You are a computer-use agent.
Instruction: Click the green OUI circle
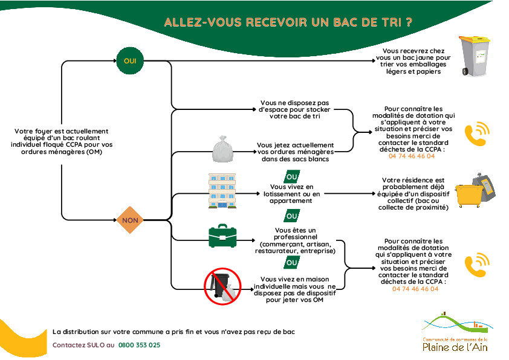130,61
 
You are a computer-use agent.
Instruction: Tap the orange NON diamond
130,220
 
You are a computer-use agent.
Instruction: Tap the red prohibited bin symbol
221,285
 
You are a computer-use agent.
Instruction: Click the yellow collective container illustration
474,193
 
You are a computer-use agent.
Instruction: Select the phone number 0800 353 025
140,345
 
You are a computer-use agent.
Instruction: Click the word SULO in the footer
96,345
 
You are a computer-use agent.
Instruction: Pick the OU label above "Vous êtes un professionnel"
292,216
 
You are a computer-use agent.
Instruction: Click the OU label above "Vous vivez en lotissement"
292,176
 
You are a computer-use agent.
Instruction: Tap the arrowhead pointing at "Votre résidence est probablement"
372,194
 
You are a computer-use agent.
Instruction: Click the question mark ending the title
409,23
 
